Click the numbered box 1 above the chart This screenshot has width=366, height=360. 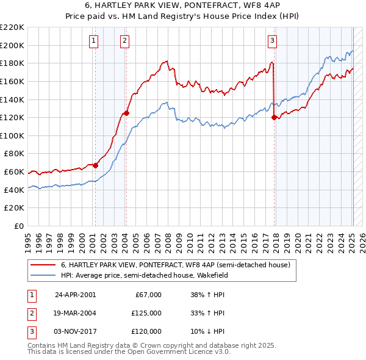(94, 41)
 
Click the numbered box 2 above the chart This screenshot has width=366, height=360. (124, 41)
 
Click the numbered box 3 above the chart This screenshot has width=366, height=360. (272, 41)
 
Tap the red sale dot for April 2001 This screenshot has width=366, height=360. (95, 165)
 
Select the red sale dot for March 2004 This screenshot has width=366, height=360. (126, 112)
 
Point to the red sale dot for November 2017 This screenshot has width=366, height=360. (274, 117)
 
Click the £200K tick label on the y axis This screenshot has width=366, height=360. (13, 45)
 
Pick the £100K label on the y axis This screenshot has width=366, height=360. (13, 135)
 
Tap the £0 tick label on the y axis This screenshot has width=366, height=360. (18, 226)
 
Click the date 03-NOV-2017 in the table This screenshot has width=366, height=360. (74, 331)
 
